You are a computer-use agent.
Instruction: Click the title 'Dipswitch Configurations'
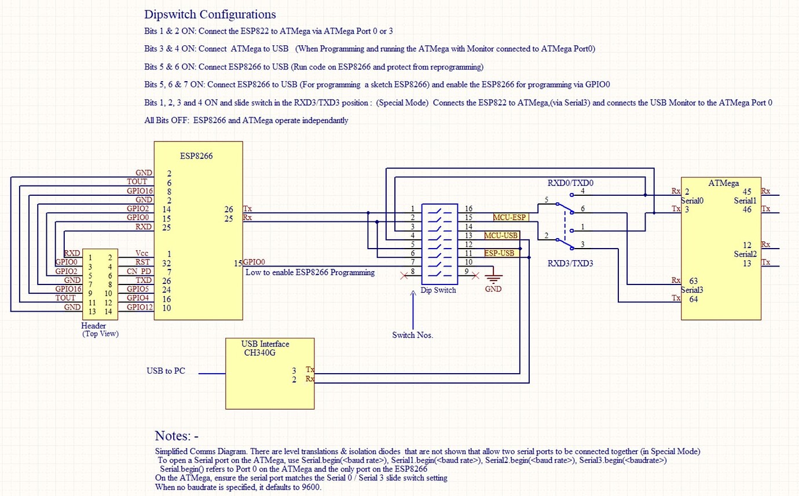210,14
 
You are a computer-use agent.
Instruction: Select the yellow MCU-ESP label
510,217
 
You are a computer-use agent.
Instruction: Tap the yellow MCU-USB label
501,235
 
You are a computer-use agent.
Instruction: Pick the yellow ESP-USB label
499,253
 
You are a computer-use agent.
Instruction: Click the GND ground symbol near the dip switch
493,279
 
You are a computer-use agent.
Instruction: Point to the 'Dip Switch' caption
438,290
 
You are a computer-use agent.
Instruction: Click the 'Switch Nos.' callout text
413,335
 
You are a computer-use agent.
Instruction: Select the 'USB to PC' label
166,371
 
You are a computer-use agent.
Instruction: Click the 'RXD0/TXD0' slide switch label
571,183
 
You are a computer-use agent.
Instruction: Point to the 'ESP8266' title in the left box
197,155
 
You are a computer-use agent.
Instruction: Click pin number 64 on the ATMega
693,299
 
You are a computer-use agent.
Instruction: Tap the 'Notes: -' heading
177,436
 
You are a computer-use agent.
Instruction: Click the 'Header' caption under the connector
94,326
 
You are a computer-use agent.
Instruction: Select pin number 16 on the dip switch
469,208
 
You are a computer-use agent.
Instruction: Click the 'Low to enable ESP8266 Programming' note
310,272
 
